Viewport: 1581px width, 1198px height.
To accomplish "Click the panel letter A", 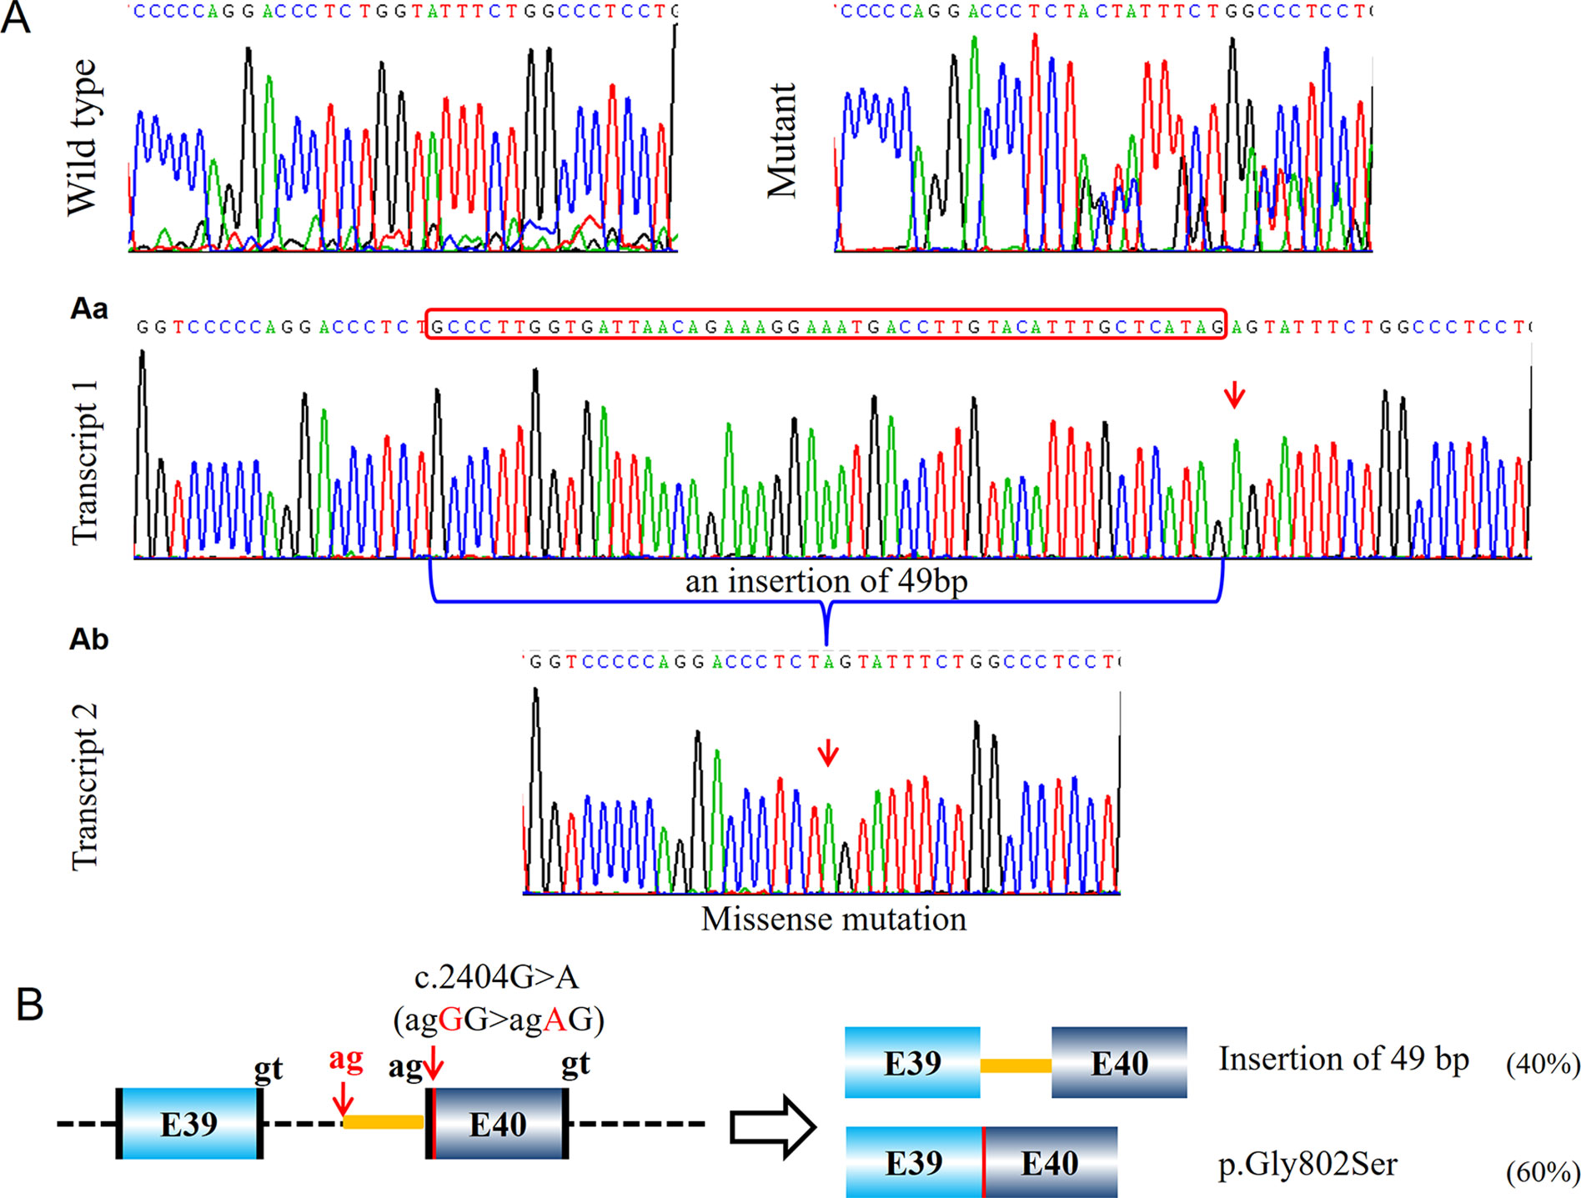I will (16, 18).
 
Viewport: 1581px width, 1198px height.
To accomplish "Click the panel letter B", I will (30, 1005).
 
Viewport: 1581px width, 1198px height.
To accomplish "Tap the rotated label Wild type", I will (83, 138).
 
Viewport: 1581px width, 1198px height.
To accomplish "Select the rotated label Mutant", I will (782, 140).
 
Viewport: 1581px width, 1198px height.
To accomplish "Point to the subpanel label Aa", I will (89, 309).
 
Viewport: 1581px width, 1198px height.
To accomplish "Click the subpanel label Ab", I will (89, 639).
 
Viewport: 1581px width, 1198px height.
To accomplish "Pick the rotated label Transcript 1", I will (85, 463).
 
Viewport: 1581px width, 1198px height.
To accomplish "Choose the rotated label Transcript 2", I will (85, 786).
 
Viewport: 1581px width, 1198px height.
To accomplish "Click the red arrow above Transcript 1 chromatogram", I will (1234, 394).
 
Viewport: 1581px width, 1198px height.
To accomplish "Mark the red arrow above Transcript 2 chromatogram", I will (827, 752).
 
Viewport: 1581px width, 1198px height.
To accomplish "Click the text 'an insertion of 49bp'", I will (826, 581).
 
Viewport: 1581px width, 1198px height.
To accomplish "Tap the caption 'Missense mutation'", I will (834, 919).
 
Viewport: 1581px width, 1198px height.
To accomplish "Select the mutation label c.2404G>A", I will (496, 977).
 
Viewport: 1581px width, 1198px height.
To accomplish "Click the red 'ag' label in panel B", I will (346, 1059).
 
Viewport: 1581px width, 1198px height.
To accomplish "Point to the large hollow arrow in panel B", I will (772, 1128).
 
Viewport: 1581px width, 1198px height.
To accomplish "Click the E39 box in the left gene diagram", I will (189, 1124).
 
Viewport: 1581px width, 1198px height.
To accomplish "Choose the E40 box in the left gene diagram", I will (498, 1124).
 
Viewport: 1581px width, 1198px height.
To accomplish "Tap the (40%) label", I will (1543, 1064).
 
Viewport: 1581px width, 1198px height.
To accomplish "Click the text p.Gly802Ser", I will (1307, 1164).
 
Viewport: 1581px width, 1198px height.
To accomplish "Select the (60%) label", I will (1543, 1172).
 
